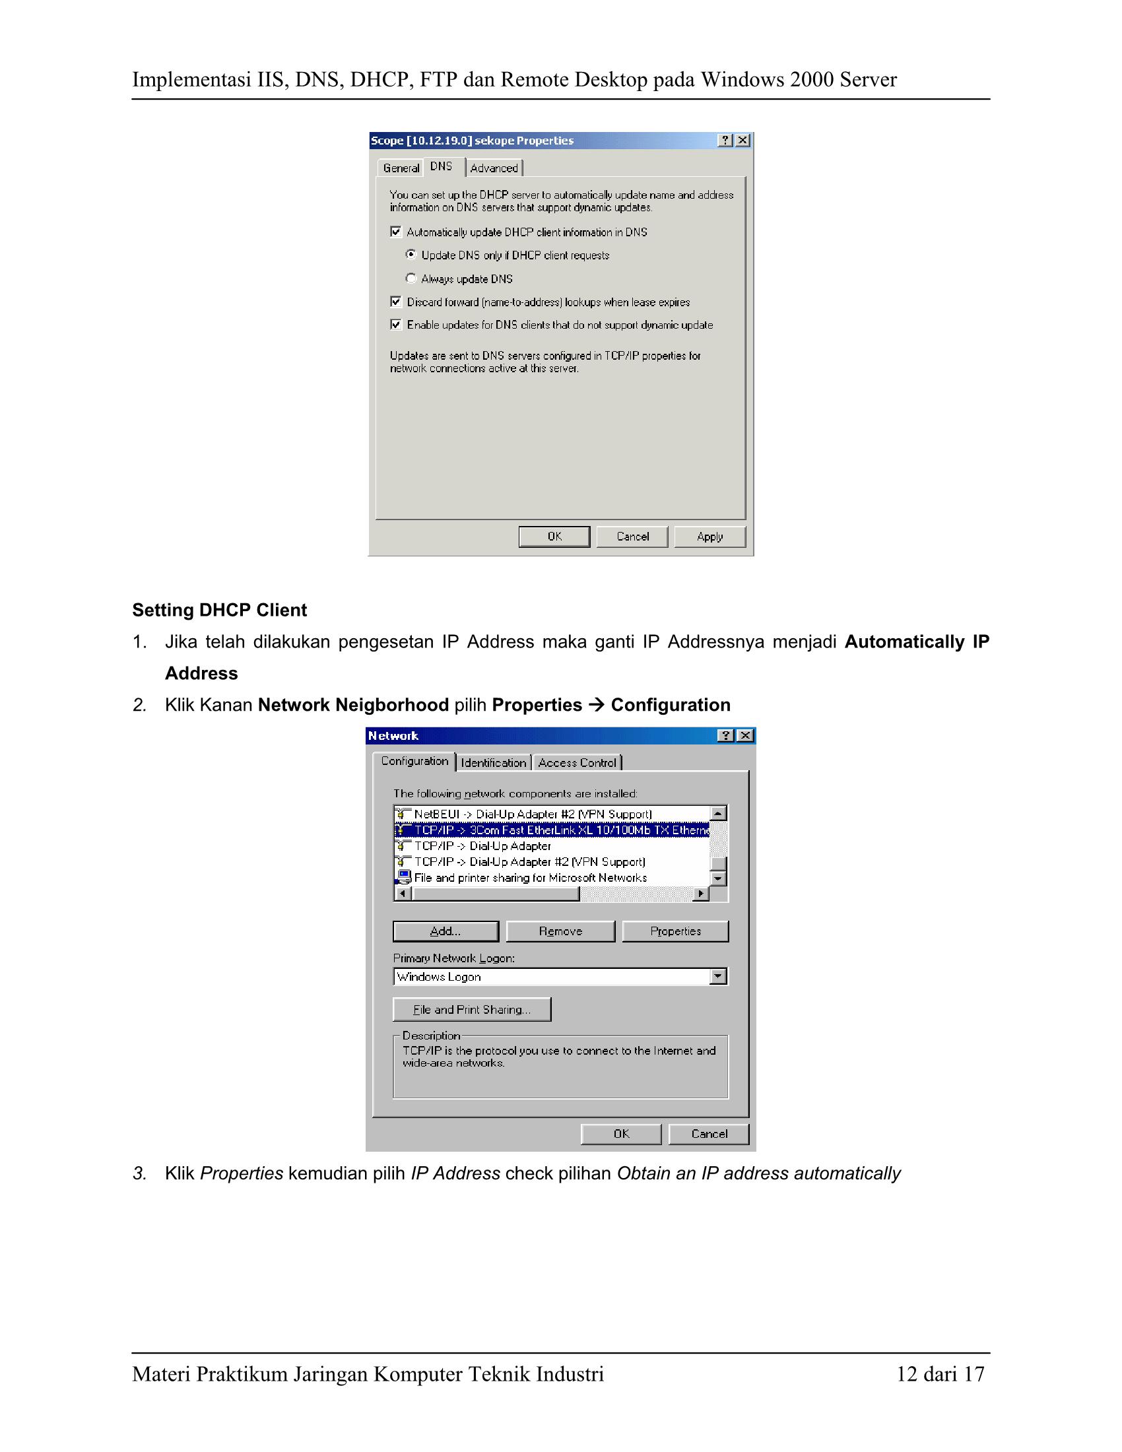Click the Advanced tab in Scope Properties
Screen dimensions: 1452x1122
(494, 168)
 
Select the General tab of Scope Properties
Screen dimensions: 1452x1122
(401, 168)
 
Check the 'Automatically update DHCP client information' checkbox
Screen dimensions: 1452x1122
(396, 232)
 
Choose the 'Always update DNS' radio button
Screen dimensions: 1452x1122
(411, 279)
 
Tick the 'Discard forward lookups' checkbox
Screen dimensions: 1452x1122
(396, 302)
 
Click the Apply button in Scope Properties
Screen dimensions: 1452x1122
(710, 537)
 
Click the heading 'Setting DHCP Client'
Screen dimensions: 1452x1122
(219, 610)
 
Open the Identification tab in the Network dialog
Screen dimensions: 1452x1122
(493, 762)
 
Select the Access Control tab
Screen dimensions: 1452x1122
(577, 762)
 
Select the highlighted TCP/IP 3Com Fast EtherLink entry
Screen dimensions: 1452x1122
(552, 830)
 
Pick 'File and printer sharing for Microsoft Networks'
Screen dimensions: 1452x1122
(530, 878)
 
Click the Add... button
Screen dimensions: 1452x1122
(445, 931)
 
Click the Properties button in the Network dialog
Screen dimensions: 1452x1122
(675, 931)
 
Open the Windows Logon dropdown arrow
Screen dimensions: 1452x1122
(717, 977)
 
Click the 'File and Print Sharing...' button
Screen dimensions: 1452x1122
(472, 1010)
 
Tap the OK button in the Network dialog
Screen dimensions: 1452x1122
(621, 1133)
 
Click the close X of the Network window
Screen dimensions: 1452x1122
(746, 735)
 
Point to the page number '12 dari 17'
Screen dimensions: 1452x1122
(940, 1373)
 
